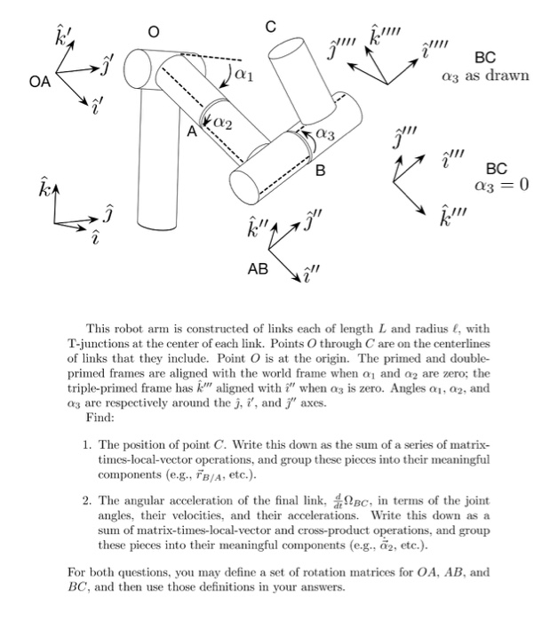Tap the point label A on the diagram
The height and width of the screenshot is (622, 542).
coord(189,131)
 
